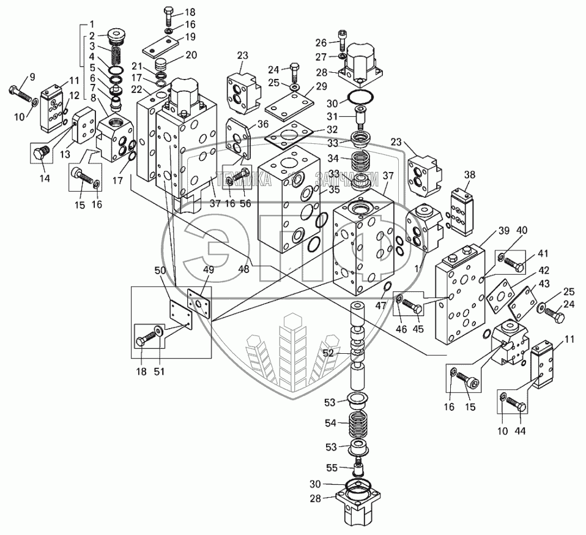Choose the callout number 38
(x=469, y=174)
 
